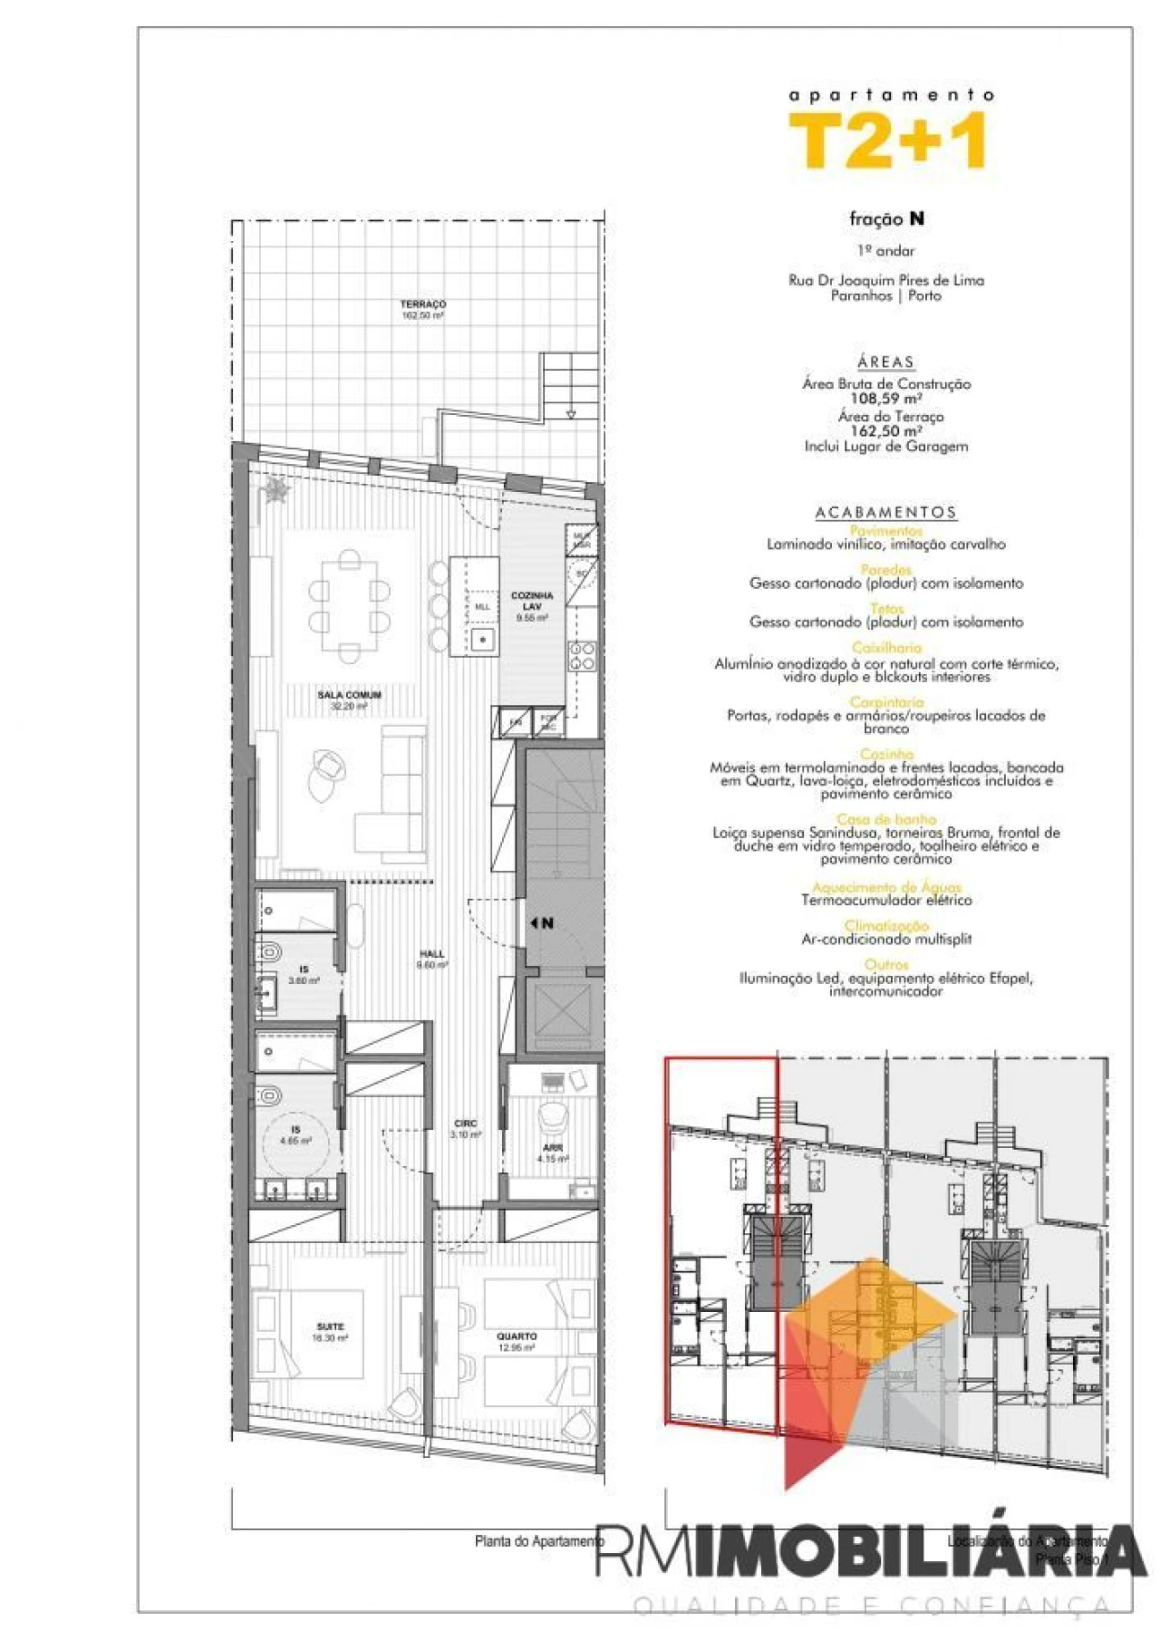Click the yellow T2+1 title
click(887, 141)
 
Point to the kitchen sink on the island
click(483, 639)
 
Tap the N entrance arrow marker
click(542, 923)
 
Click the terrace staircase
click(569, 386)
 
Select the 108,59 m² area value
click(885, 399)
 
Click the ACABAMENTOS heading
click(885, 513)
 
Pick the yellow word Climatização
click(886, 926)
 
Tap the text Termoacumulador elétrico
click(886, 901)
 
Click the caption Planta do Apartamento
click(538, 1540)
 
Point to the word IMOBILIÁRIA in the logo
click(915, 1551)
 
